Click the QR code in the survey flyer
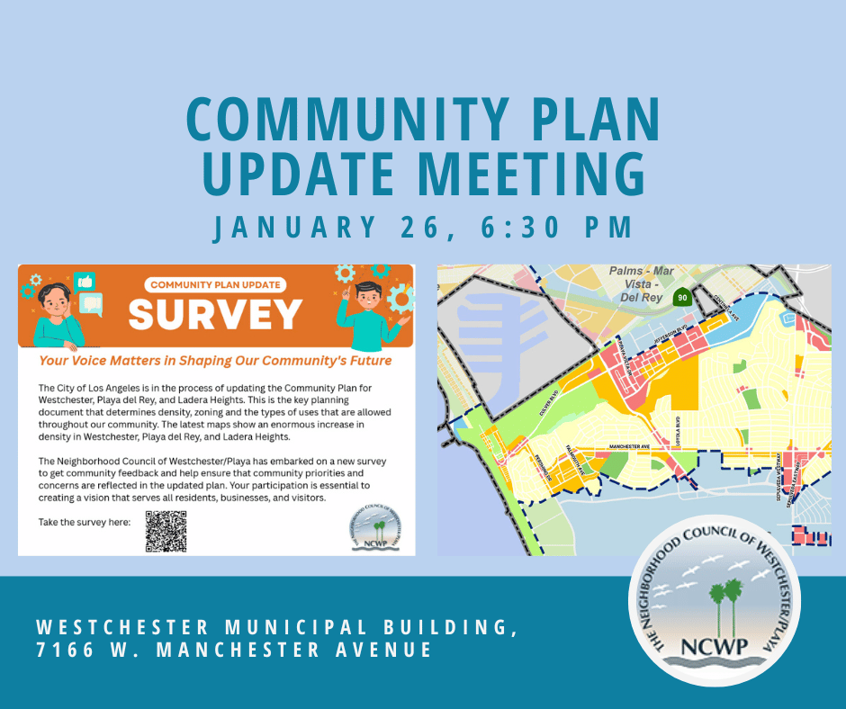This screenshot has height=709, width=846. [166, 531]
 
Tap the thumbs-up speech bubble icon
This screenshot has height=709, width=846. [85, 281]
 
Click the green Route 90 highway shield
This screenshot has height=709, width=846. [683, 297]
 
